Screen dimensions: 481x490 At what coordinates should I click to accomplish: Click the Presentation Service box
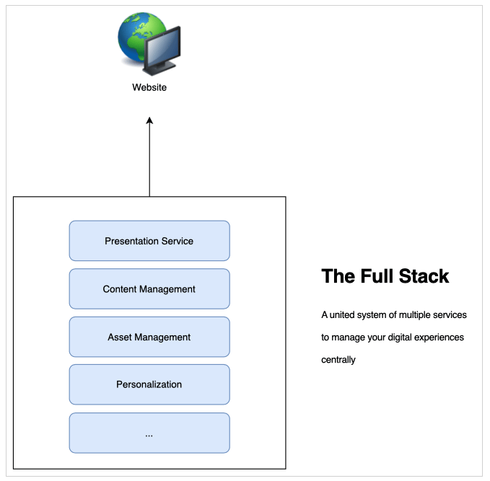(149, 241)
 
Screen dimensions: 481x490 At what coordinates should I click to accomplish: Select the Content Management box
(149, 289)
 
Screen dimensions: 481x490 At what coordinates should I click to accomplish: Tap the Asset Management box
(149, 337)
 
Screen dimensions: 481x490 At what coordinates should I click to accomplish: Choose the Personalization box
(149, 384)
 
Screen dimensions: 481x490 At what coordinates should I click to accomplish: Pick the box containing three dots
(149, 433)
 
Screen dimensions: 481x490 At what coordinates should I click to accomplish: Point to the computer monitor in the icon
(163, 50)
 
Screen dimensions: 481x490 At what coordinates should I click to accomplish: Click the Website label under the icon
(149, 87)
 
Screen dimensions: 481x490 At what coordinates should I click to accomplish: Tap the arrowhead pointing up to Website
(149, 122)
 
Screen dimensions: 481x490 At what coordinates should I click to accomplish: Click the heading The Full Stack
(385, 276)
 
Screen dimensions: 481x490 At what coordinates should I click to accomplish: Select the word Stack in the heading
(426, 276)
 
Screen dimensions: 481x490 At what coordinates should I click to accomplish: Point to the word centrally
(338, 359)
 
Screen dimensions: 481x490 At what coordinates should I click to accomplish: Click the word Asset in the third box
(120, 337)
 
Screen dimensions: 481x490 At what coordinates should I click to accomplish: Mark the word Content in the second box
(120, 289)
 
